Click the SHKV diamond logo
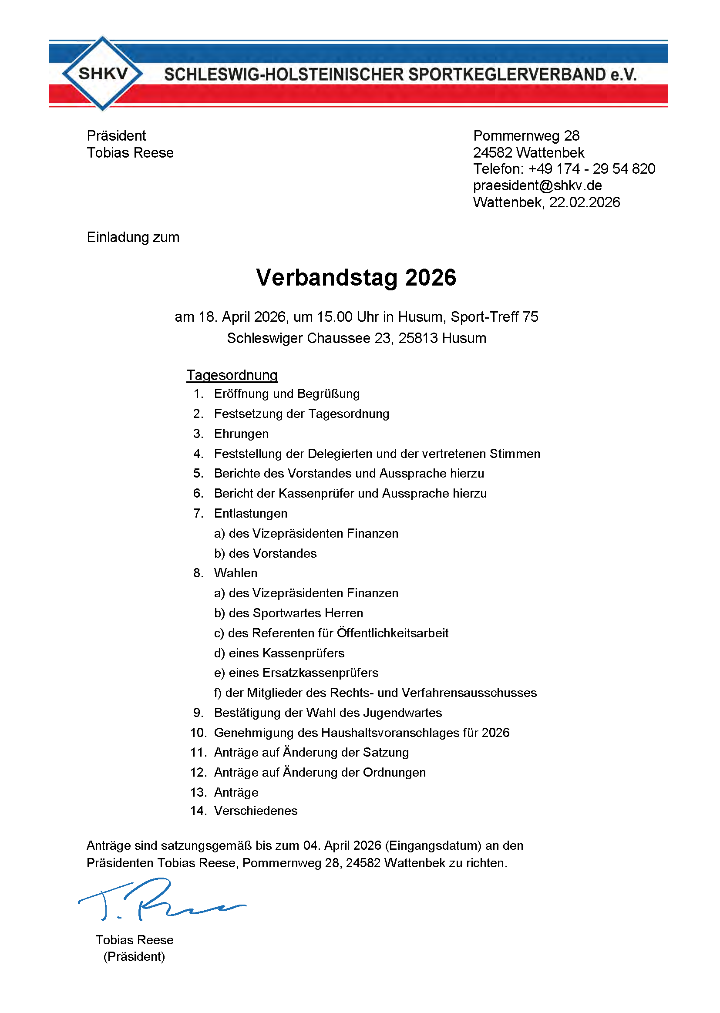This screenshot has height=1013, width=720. pos(102,73)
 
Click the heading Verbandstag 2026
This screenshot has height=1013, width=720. pos(356,278)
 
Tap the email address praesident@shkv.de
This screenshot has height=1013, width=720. pos(537,185)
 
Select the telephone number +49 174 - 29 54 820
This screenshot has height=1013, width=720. pos(592,169)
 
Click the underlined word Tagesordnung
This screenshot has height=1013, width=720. pos(232,375)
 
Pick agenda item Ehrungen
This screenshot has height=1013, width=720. pos(241,434)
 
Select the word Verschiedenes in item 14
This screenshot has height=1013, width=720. pos(256,811)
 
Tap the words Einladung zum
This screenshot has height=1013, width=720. pos(133,237)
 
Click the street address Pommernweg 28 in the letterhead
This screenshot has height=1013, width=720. pos(526,136)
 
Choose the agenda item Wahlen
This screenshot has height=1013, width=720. pos(236,573)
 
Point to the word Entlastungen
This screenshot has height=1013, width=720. pos(250,513)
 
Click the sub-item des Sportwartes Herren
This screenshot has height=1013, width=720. pos(296,613)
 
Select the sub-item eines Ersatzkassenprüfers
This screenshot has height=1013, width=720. pos(303,673)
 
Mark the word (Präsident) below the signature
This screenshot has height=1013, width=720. pos(134,956)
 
